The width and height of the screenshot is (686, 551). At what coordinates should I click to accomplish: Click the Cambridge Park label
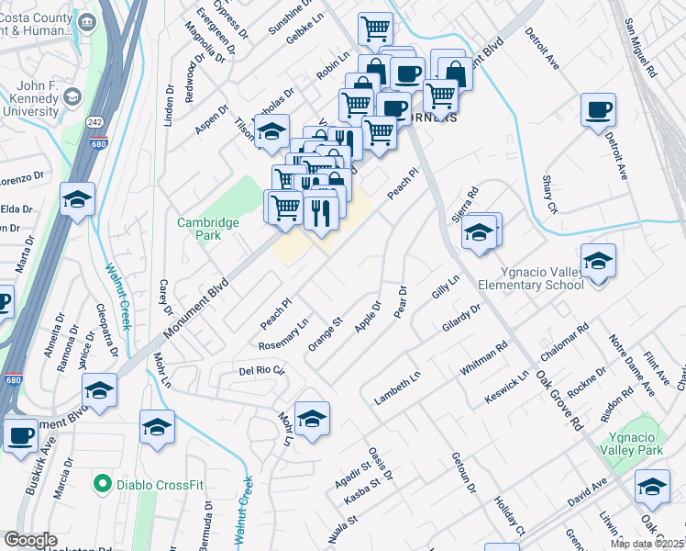[x=208, y=229]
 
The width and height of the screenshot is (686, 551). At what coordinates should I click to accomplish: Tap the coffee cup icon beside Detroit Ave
[x=598, y=111]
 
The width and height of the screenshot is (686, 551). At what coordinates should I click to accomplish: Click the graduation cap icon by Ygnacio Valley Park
[x=652, y=487]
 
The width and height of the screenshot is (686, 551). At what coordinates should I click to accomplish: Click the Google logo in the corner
[x=29, y=540]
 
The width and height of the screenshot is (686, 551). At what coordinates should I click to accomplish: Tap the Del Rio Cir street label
[x=262, y=371]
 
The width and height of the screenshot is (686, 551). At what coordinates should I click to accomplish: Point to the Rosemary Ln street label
[x=283, y=334]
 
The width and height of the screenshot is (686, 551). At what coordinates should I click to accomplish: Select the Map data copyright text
[x=647, y=544]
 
